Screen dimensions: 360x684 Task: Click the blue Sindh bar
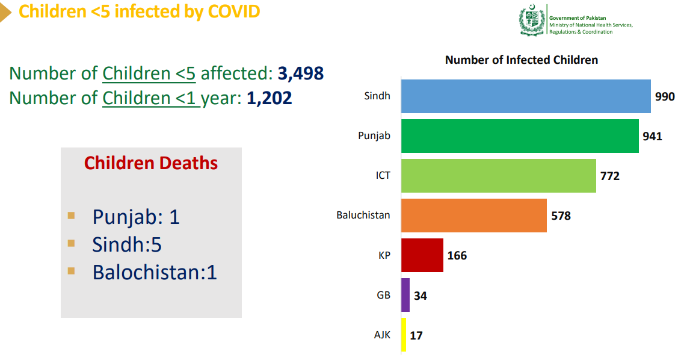pos(526,96)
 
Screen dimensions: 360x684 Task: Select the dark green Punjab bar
pos(520,136)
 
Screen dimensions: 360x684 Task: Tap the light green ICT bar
pos(499,176)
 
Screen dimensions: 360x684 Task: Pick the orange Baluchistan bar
pos(474,216)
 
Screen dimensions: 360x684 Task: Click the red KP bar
pos(422,255)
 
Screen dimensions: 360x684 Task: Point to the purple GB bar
pos(405,295)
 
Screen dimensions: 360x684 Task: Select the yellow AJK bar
pos(404,335)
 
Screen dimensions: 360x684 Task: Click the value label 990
pos(665,97)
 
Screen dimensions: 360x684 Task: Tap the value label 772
pos(609,176)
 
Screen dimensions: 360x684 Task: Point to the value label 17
pos(416,335)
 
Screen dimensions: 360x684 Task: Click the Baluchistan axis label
pos(363,215)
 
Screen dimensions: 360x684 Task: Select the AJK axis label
pos(382,335)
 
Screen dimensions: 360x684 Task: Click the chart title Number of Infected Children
pos(522,60)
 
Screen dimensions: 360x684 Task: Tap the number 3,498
pos(301,73)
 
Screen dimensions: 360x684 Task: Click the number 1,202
pos(270,98)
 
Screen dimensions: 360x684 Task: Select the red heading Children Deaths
pos(151,163)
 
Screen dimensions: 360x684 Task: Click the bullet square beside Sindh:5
pos(72,243)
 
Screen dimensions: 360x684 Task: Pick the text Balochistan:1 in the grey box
pos(155,273)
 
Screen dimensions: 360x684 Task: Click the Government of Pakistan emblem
pos(532,21)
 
